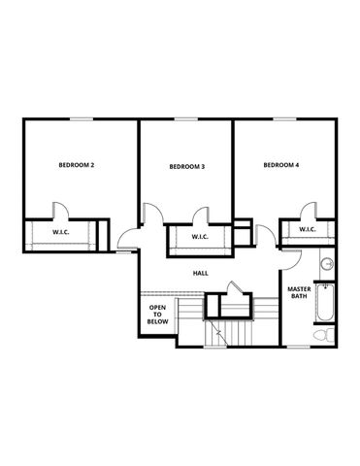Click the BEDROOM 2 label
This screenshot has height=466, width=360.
tap(77, 165)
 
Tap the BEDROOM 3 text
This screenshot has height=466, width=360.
tap(186, 167)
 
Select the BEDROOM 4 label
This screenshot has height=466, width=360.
tap(281, 165)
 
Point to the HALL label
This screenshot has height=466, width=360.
tap(201, 273)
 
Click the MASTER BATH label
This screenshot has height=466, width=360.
tap(298, 292)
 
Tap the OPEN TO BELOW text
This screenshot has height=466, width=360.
tap(157, 315)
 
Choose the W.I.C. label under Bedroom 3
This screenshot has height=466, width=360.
tap(201, 238)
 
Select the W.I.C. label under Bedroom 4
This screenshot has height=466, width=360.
tap(308, 230)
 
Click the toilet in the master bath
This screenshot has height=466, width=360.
tap(323, 335)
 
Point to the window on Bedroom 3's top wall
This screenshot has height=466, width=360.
tap(187, 118)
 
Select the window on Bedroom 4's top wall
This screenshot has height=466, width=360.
tap(283, 118)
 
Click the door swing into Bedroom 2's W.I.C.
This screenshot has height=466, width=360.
tap(60, 211)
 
